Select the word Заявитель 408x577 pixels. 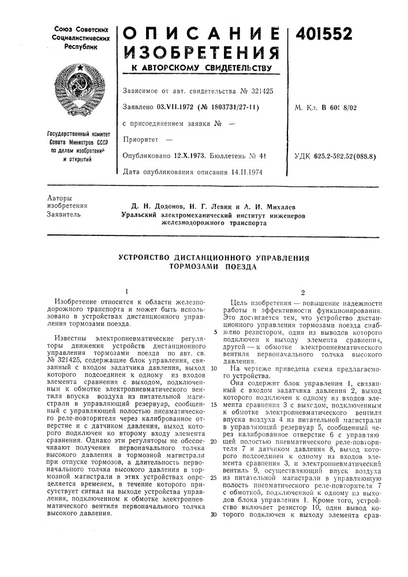point(65,215)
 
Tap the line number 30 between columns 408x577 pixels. point(214,515)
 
